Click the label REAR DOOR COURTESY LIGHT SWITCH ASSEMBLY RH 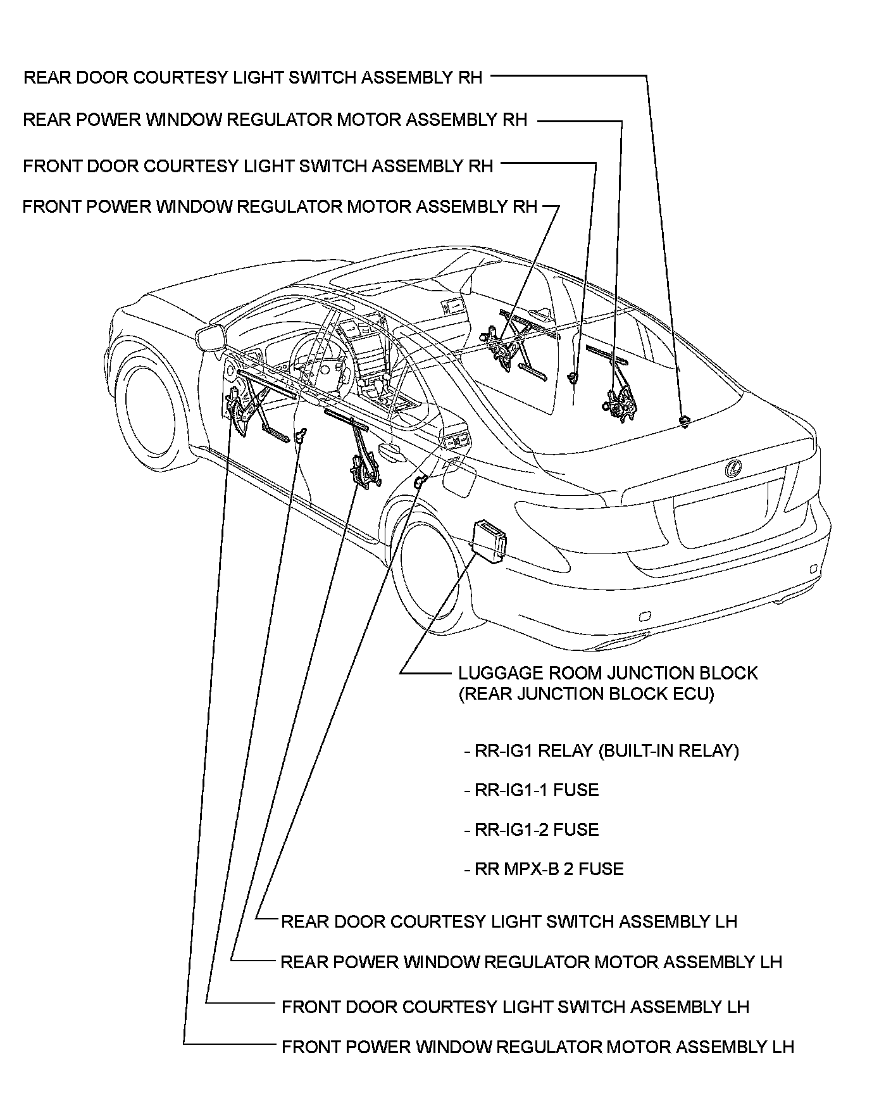click(252, 77)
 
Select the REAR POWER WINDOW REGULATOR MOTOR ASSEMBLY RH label click(275, 120)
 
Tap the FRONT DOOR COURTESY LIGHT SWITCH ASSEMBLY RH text click(258, 166)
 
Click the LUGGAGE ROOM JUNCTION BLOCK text click(607, 672)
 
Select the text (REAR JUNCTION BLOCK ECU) click(586, 693)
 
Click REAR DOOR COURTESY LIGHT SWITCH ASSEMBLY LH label click(509, 921)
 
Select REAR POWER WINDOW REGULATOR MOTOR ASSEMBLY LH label click(531, 962)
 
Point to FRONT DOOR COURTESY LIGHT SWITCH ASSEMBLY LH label click(515, 1007)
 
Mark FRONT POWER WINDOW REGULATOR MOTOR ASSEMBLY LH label click(537, 1047)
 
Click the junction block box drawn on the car click(489, 540)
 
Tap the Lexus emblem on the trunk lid click(733, 469)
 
